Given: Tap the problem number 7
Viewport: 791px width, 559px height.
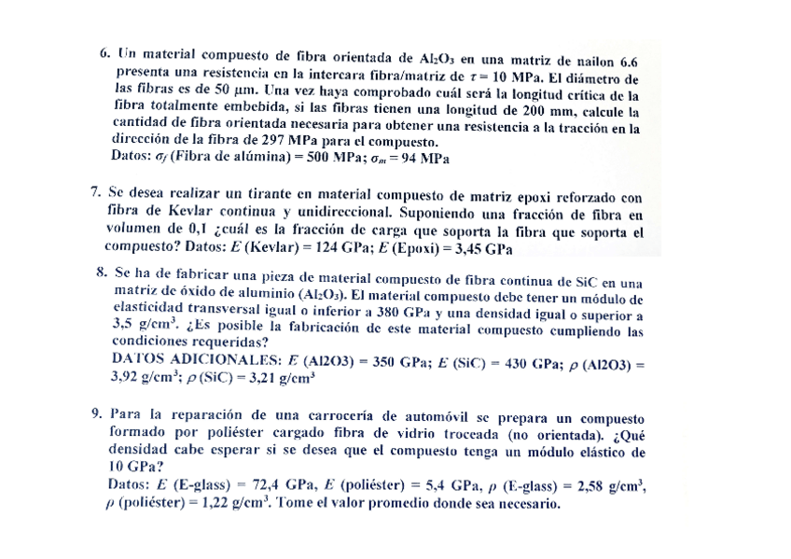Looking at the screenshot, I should pyautogui.click(x=95, y=193).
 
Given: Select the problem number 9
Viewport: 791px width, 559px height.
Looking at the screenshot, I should pyautogui.click(x=96, y=413).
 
